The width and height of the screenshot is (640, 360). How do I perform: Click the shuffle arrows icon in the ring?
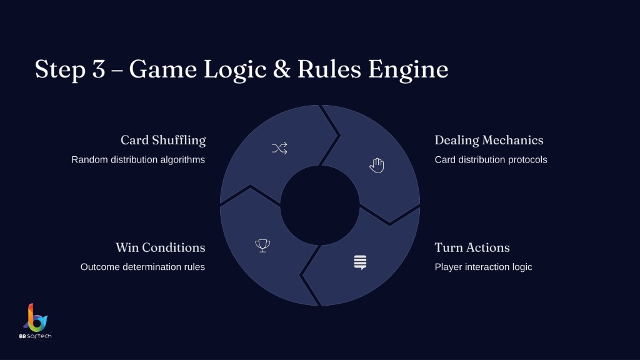[x=279, y=148]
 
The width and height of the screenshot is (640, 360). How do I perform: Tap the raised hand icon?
[x=377, y=165]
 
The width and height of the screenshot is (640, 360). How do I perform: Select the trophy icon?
[x=262, y=245]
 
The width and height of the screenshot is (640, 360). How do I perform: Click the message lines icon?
[x=360, y=262]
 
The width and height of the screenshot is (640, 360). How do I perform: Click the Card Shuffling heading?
[x=163, y=140]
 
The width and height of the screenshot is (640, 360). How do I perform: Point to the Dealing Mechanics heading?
[x=489, y=140]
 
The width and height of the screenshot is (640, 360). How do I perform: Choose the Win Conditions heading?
[x=161, y=247]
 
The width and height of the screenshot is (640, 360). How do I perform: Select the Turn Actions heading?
[x=472, y=247]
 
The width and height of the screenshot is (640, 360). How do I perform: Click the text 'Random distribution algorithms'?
[x=138, y=159]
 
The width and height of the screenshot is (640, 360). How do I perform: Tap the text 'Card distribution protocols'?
[x=491, y=159]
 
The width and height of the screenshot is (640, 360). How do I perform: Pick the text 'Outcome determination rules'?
[x=143, y=267]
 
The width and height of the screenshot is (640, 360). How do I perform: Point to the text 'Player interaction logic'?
[x=483, y=267]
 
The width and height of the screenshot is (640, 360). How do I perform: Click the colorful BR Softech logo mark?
[x=36, y=317]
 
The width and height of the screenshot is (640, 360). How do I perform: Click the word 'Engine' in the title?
[x=408, y=69]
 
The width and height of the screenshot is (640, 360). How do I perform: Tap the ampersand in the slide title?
[x=282, y=69]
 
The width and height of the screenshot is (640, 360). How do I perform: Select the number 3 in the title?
[x=99, y=69]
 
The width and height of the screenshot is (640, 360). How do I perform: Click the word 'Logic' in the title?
[x=235, y=69]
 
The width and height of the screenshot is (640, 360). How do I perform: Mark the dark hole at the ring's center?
[x=320, y=205]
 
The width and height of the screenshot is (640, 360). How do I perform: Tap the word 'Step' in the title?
[x=60, y=69]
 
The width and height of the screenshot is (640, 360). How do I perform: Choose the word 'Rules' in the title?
[x=329, y=69]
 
